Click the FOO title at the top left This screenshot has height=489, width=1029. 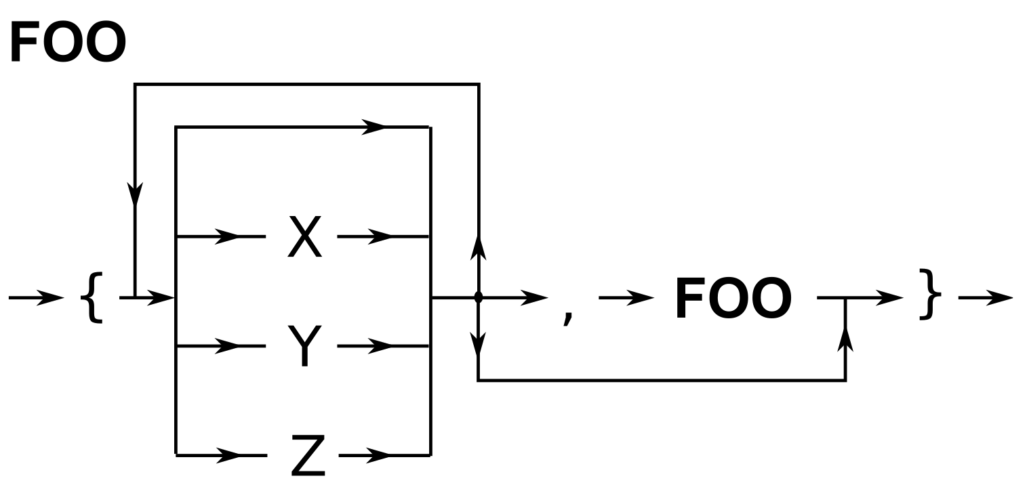pos(68,42)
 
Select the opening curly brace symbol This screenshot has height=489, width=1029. pos(92,297)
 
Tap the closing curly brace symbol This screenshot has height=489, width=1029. pos(929,295)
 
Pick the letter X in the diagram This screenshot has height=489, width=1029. pos(304,236)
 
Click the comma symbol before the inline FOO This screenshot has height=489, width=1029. pos(568,315)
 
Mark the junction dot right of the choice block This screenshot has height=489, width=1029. pos(479,297)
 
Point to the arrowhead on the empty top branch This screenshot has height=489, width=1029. pos(374,127)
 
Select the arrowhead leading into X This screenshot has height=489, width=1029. pos(227,236)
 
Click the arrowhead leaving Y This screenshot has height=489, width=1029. pos(380,346)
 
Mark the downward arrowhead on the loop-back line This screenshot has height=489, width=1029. pos(136,195)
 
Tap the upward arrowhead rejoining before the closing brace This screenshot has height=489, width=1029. pos(845,339)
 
